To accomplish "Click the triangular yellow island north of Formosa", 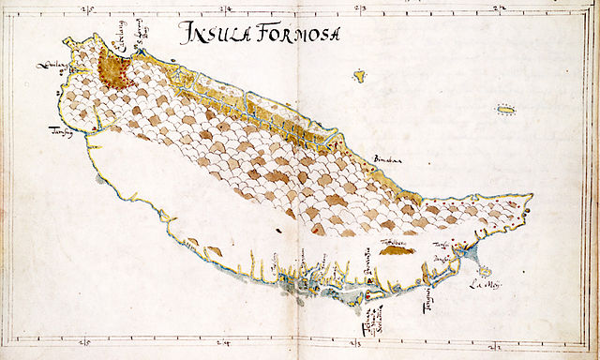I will coord(358,74).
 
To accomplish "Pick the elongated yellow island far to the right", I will coord(507,111).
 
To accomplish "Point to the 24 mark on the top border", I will coord(362,9).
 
